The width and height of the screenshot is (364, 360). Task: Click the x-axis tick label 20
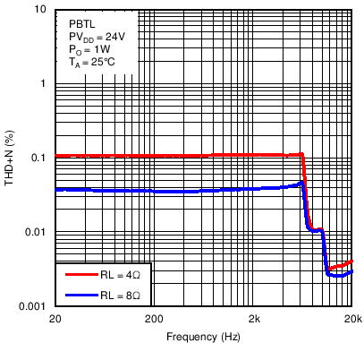[55, 319]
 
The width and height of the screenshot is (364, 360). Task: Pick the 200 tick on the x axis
[155, 319]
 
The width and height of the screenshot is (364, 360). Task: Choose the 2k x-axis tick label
[254, 319]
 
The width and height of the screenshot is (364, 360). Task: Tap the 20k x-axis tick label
[352, 319]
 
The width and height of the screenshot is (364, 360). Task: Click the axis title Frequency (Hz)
[203, 338]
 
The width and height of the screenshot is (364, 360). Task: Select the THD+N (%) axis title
[11, 158]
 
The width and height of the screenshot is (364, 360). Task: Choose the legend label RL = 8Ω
[119, 294]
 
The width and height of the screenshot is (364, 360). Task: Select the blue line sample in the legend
[76, 294]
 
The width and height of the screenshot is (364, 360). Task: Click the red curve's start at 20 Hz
[56, 156]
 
